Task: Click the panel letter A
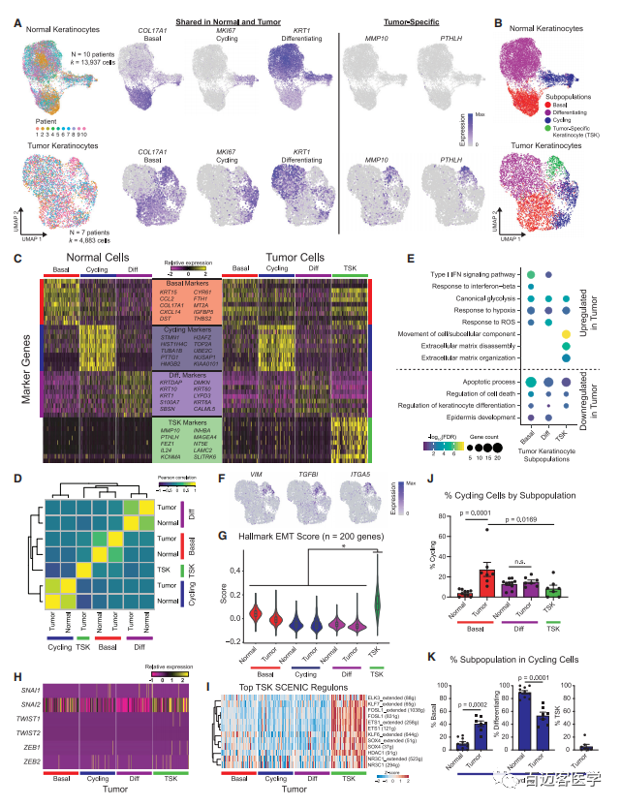16,16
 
